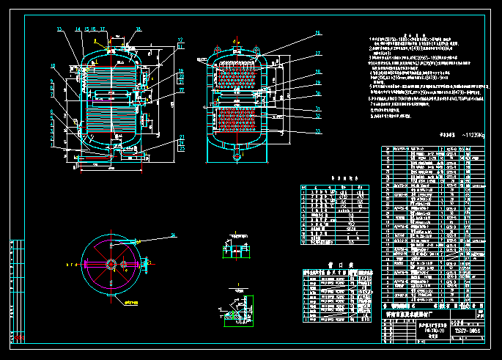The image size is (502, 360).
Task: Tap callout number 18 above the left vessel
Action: pyautogui.click(x=137, y=29)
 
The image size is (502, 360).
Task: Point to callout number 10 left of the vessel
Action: pyautogui.click(x=53, y=66)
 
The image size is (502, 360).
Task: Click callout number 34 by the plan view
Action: pyautogui.click(x=173, y=235)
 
